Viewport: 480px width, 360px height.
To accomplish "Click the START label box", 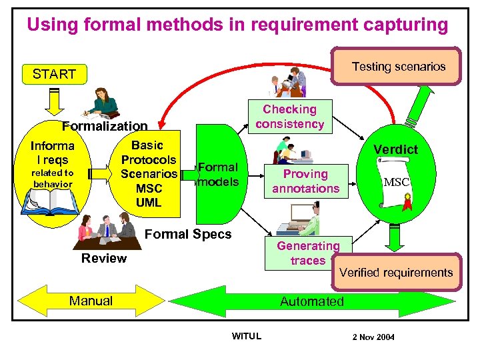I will tap(54, 74).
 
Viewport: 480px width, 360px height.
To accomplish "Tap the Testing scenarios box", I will tap(398, 66).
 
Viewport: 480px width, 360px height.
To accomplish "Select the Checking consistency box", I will tap(289, 117).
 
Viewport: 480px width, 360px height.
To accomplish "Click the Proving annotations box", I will tap(305, 181).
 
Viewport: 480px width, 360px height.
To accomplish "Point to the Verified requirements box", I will tap(396, 272).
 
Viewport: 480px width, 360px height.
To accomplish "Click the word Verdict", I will tap(395, 149).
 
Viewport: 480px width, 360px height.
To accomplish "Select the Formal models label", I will tap(218, 175).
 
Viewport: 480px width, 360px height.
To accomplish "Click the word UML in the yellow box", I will tap(148, 203).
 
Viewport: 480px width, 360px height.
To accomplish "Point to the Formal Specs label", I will tap(188, 234).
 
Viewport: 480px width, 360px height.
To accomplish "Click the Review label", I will tap(103, 259).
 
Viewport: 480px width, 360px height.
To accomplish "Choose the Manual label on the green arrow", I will tap(91, 301).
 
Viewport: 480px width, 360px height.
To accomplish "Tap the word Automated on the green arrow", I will tap(311, 301).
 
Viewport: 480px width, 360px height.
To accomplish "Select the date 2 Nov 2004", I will tap(373, 337).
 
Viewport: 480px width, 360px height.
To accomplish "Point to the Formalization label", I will tap(105, 126).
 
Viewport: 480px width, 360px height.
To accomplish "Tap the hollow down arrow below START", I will tap(53, 99).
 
